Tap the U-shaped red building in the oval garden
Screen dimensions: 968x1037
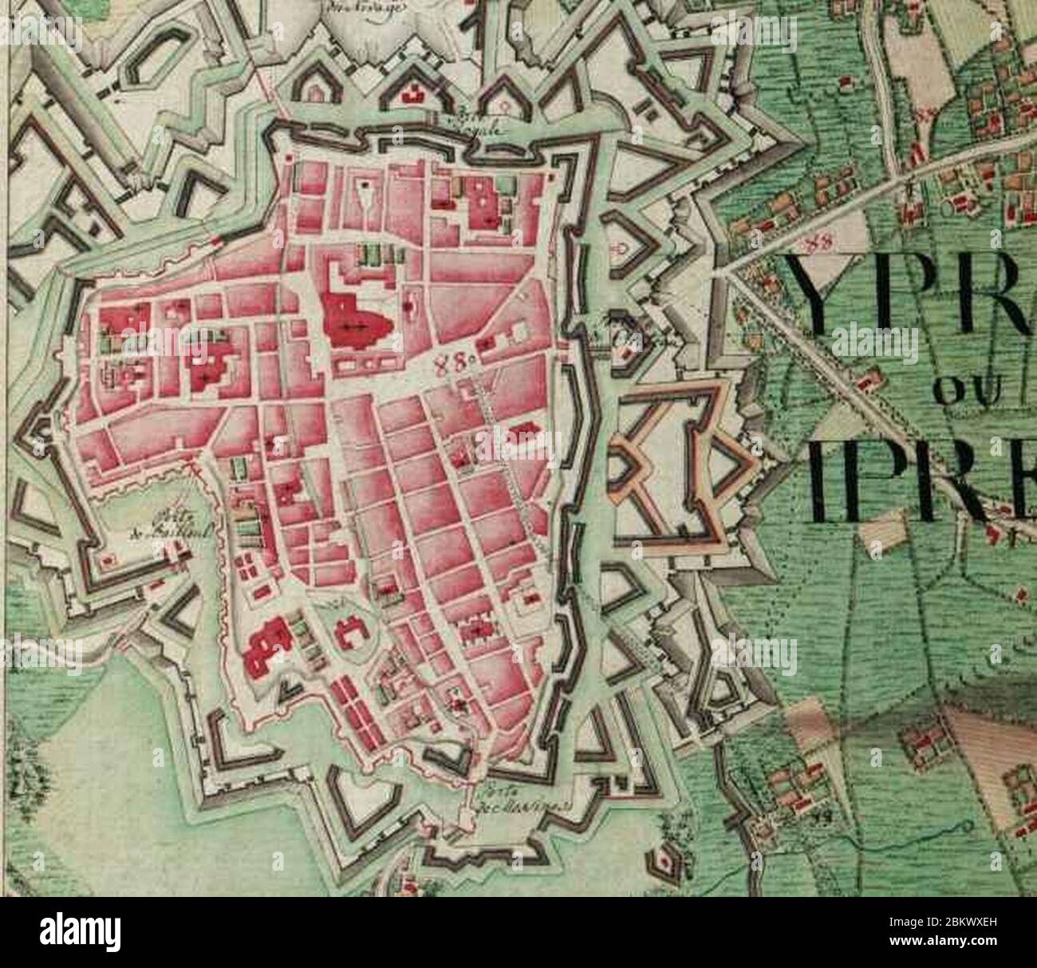[x=351, y=634]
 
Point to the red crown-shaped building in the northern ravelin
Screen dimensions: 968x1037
[x=413, y=94]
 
